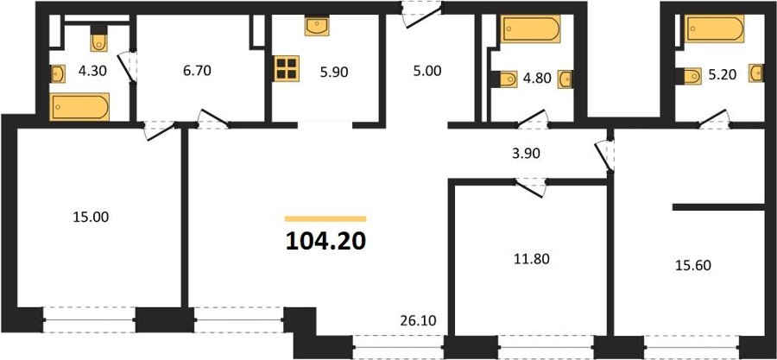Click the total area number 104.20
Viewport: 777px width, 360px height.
point(325,241)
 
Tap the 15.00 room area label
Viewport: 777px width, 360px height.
point(91,217)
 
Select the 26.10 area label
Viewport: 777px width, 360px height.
point(418,321)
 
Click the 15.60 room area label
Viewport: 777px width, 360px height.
point(693,265)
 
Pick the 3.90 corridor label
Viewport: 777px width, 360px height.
point(525,154)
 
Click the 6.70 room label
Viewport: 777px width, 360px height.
point(196,71)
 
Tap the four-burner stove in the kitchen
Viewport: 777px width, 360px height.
point(287,68)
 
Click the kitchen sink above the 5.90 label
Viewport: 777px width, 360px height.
point(317,26)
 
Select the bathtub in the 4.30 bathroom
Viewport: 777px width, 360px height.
point(79,107)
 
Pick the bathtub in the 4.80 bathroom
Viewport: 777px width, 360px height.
point(530,28)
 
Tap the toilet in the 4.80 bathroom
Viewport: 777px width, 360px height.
point(503,79)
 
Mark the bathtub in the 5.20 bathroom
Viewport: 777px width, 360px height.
point(714,28)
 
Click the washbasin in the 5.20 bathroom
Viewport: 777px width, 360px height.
point(755,73)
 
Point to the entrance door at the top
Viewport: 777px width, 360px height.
point(420,16)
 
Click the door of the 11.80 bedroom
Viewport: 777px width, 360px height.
point(530,187)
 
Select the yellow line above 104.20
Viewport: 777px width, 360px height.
point(325,218)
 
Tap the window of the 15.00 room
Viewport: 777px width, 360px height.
point(89,320)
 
